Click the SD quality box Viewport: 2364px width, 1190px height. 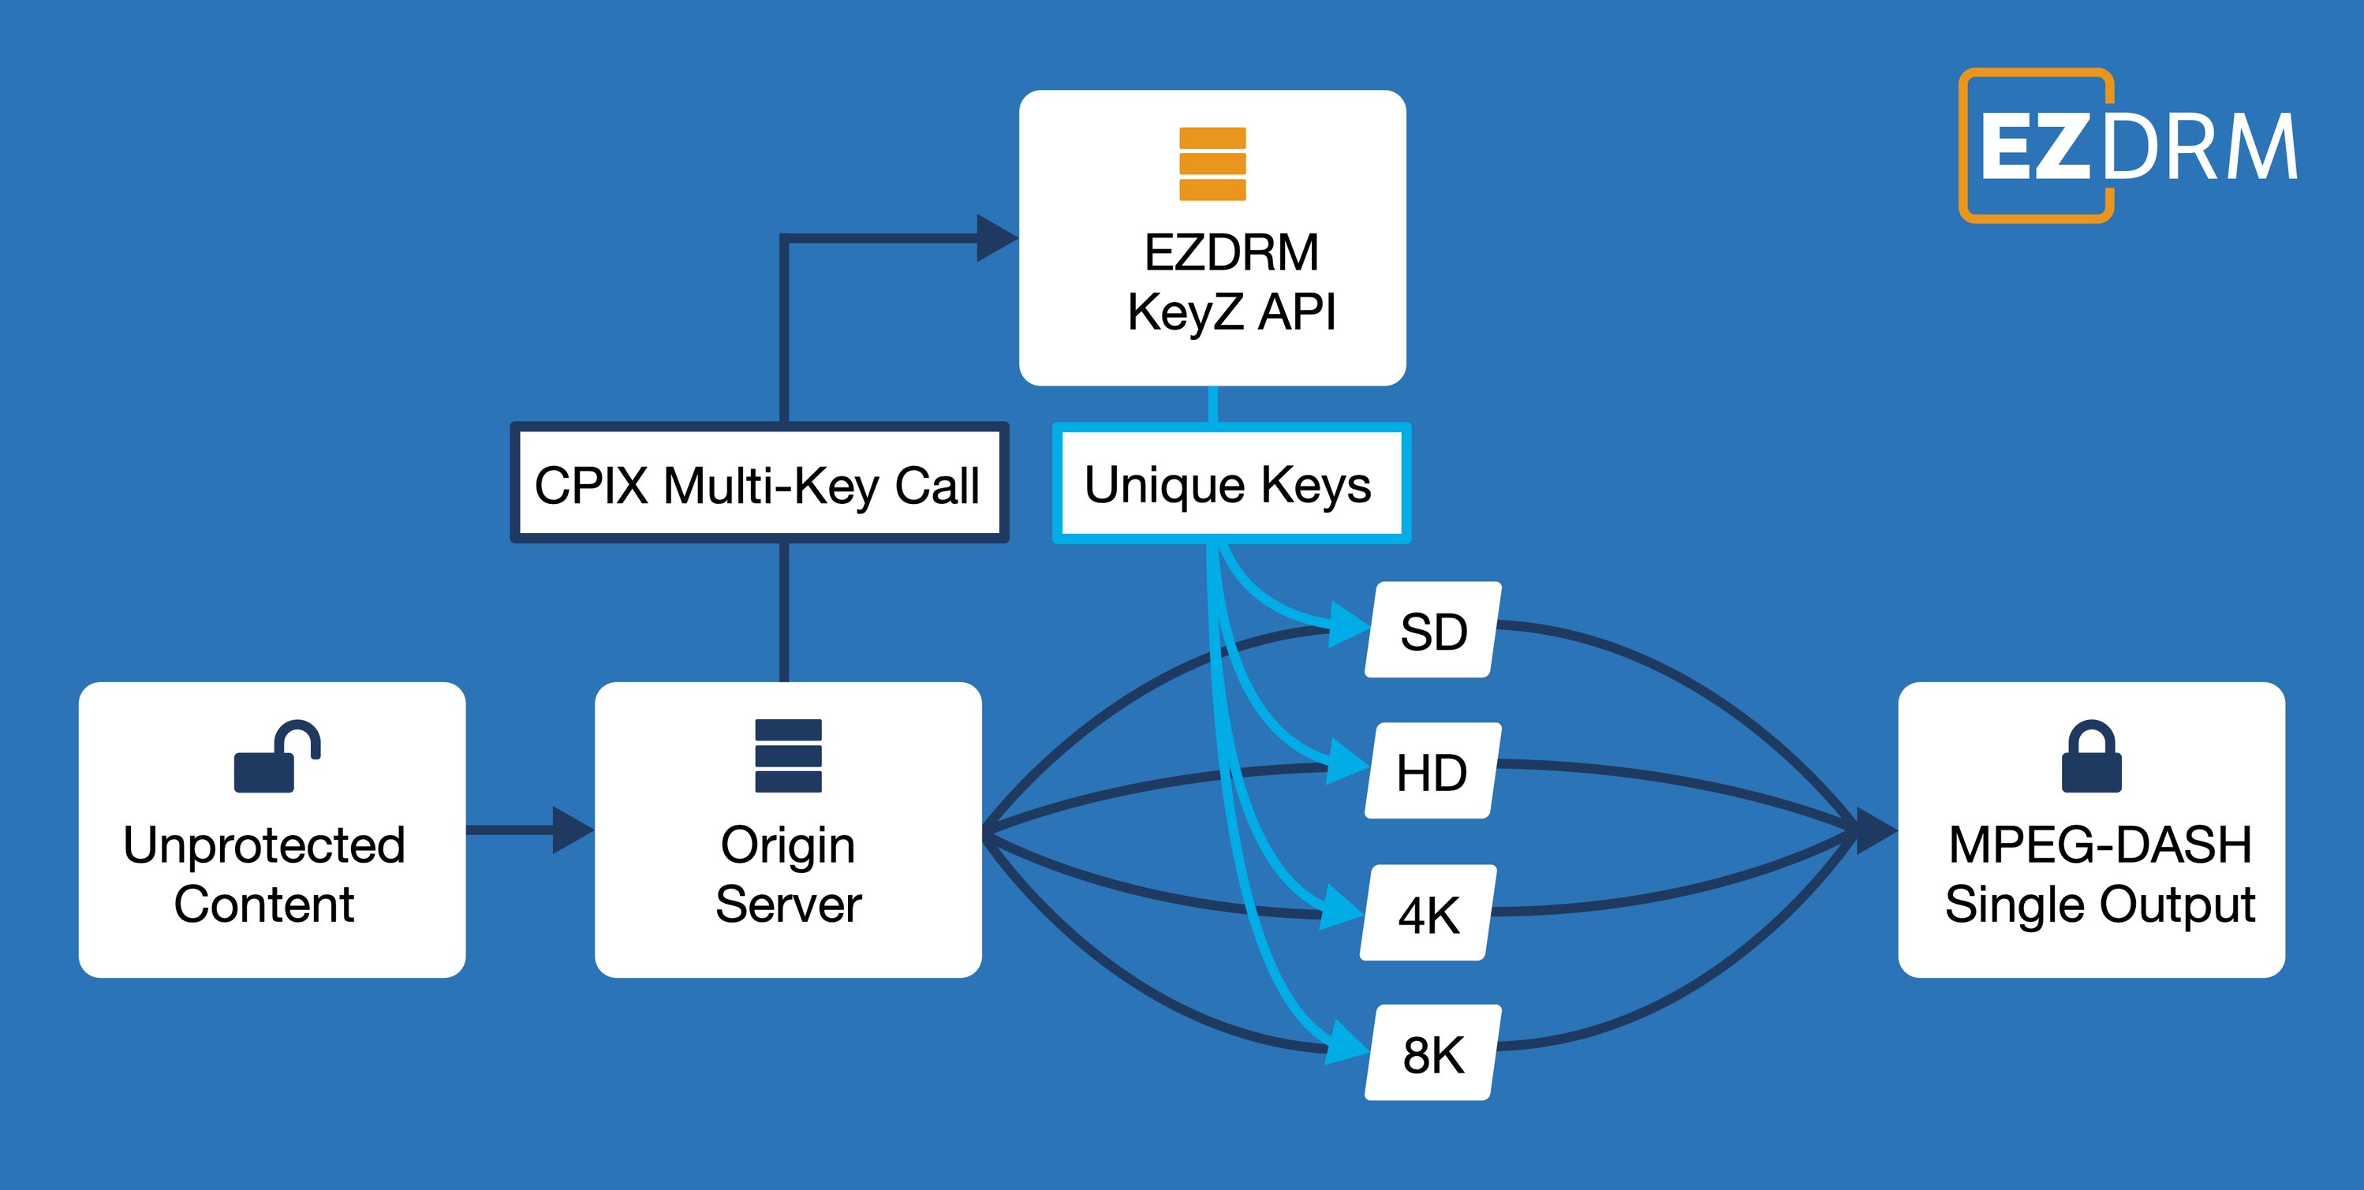tap(1432, 630)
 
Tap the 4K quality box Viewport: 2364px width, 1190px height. tap(1428, 914)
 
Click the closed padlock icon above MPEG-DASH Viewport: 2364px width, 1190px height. tap(2091, 757)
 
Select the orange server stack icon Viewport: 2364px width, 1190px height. tap(1212, 163)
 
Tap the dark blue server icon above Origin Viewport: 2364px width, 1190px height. tap(787, 755)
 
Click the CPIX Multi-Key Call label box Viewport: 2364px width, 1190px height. tap(758, 483)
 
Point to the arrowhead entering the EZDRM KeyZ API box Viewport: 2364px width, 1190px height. tap(995, 238)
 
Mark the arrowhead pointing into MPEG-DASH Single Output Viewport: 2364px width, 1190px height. tap(1875, 830)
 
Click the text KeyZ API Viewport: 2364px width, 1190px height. tap(1231, 312)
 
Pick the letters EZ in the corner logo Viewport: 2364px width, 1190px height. tap(2034, 147)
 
